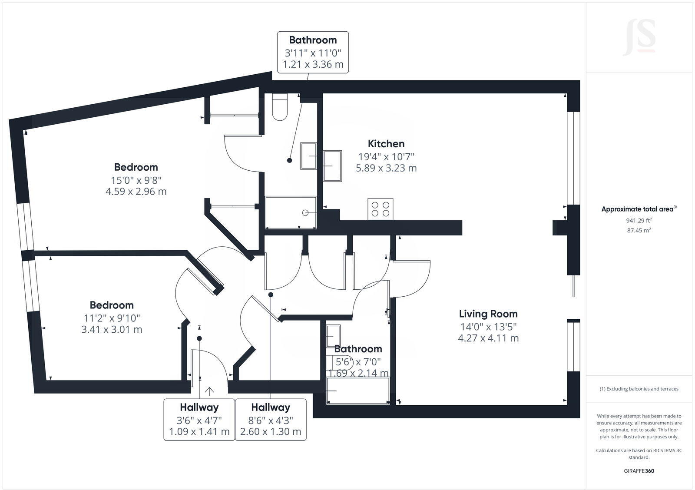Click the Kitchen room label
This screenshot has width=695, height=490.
tap(386, 144)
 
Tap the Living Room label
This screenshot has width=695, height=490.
tap(488, 314)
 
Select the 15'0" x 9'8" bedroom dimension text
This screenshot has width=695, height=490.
tap(136, 180)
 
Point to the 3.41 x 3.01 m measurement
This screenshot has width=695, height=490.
tap(112, 330)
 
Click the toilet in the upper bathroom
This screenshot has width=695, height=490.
tap(279, 108)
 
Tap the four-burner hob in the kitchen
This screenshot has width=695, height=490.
tap(381, 209)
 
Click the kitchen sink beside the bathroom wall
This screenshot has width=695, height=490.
tap(333, 165)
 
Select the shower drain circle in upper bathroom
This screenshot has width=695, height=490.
tap(305, 213)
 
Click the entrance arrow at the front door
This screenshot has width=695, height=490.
tap(209, 391)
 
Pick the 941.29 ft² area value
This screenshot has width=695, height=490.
tap(639, 221)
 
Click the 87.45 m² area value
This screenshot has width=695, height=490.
tap(639, 231)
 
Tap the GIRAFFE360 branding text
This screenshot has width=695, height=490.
tap(639, 471)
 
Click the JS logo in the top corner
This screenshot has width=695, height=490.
tap(639, 38)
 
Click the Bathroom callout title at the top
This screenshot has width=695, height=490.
tap(313, 40)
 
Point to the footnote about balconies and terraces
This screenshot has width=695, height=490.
tap(639, 389)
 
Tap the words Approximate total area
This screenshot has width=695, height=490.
tap(637, 209)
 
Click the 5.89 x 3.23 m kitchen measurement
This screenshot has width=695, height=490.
tap(386, 168)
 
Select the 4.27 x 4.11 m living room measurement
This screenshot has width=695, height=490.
tap(488, 338)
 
